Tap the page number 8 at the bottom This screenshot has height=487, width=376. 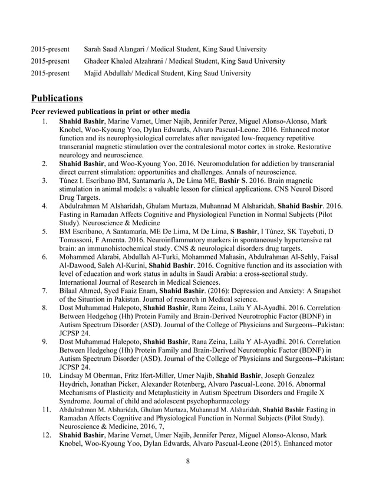click(x=187, y=461)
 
